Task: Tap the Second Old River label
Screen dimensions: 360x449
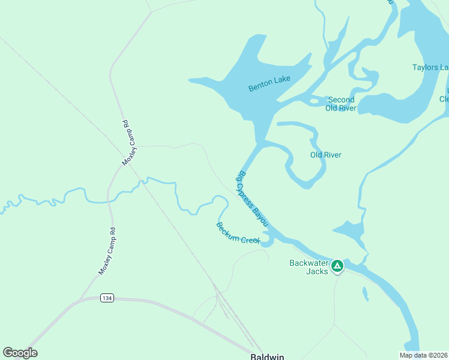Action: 341,104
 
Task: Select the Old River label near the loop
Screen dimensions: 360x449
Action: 325,155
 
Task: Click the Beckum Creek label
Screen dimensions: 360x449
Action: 238,233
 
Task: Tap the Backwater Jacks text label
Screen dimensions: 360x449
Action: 309,267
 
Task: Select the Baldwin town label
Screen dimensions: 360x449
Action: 267,356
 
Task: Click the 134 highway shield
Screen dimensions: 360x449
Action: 107,298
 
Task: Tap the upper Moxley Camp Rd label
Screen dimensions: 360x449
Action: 129,143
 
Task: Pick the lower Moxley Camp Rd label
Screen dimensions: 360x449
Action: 107,252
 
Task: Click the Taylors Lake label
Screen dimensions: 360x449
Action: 430,67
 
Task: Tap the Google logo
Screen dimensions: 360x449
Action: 20,353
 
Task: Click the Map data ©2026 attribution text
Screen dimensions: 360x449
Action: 423,355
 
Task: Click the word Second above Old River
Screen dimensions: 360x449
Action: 341,100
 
